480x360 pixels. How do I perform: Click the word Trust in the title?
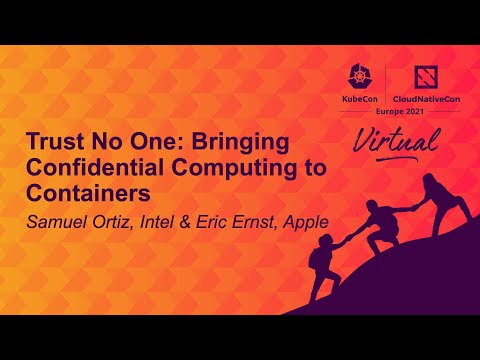50,141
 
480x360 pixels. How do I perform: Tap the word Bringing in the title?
241,141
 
